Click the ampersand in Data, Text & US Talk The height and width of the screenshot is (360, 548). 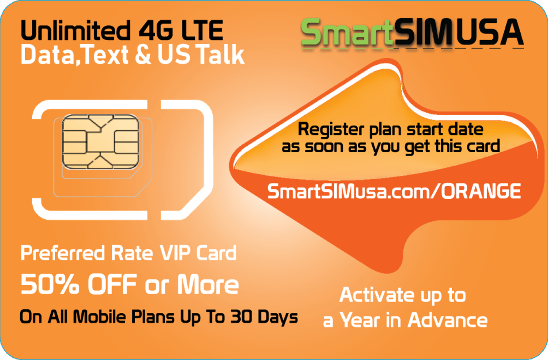tap(143, 54)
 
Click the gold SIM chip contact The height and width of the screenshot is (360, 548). tap(100, 142)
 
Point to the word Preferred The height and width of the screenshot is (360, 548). tap(63, 253)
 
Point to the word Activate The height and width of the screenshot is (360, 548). tap(377, 295)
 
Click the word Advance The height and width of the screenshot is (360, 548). tap(448, 319)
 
